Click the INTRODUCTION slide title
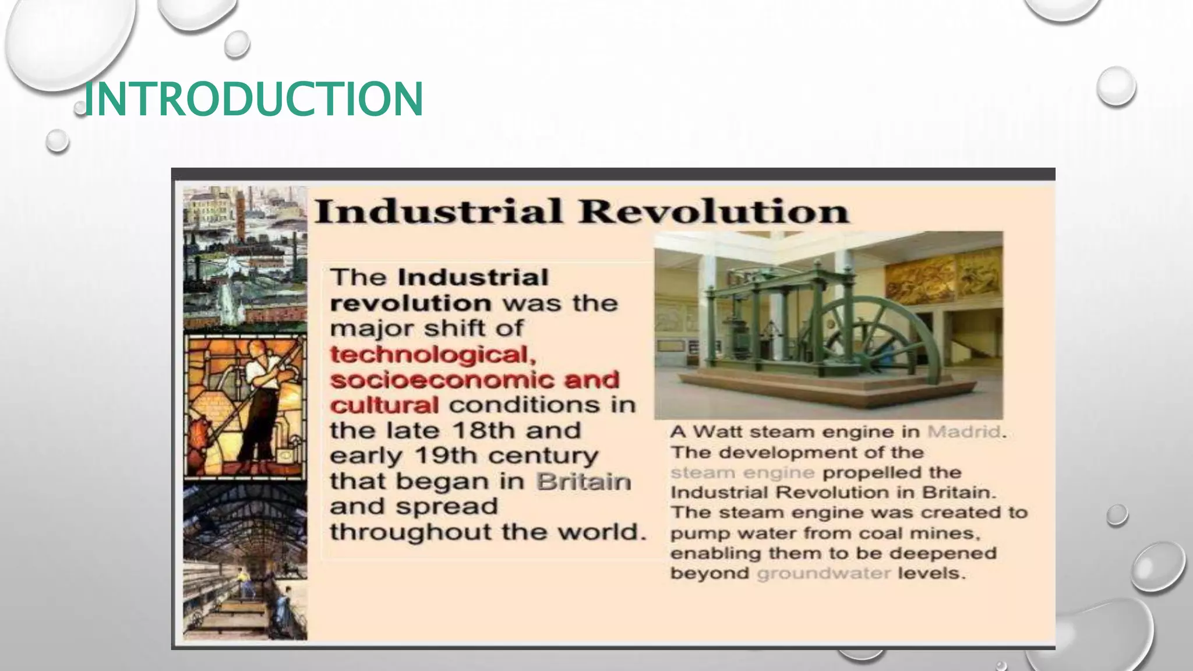[x=253, y=99]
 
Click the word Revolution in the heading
[x=714, y=211]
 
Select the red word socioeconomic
[x=433, y=380]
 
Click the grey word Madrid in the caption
[x=963, y=432]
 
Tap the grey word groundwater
[x=824, y=573]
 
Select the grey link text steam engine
[x=742, y=472]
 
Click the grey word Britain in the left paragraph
[x=583, y=482]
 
